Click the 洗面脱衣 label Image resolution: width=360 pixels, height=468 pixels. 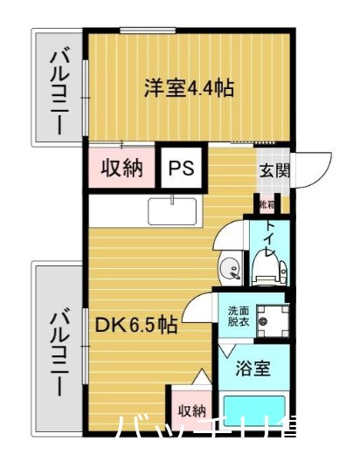click(x=239, y=315)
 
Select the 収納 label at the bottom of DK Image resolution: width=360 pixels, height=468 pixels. click(x=192, y=410)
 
